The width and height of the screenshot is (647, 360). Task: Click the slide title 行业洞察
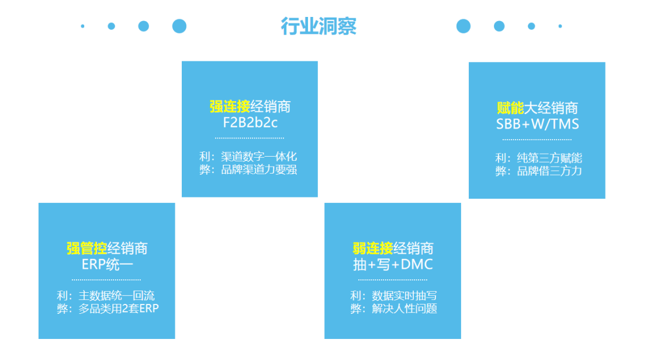click(319, 26)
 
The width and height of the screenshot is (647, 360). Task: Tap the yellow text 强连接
click(230, 107)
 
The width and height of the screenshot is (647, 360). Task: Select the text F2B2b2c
click(250, 123)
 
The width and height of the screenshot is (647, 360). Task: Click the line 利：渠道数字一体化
click(248, 157)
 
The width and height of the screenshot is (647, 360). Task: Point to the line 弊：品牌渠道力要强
click(248, 169)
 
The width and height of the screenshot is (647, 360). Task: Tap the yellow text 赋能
click(510, 108)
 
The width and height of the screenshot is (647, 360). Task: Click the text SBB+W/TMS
click(537, 124)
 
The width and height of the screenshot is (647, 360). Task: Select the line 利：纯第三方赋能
click(538, 158)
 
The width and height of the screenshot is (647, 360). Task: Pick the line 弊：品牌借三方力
click(538, 171)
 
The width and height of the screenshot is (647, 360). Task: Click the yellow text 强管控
click(87, 248)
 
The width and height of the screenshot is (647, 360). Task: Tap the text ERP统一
click(108, 264)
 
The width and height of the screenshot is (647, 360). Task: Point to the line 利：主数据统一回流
click(106, 296)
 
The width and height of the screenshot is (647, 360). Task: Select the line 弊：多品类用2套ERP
click(108, 309)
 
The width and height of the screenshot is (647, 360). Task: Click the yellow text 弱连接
click(373, 248)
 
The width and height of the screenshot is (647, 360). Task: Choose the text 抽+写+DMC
click(393, 264)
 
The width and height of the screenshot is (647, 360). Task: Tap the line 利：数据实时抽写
click(394, 296)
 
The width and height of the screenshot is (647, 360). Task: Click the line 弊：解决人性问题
click(394, 309)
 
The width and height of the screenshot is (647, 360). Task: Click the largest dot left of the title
click(179, 26)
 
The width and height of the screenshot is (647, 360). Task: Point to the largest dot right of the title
click(463, 26)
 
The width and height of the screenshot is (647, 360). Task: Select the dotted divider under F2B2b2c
click(250, 138)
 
